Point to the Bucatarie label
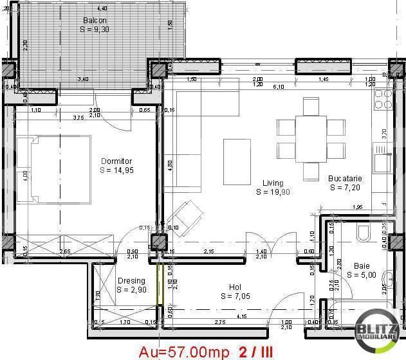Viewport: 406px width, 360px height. click(346, 178)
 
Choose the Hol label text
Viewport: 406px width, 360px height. click(235, 287)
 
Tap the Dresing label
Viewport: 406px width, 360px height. click(131, 281)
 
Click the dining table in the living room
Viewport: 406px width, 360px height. click(311, 138)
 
